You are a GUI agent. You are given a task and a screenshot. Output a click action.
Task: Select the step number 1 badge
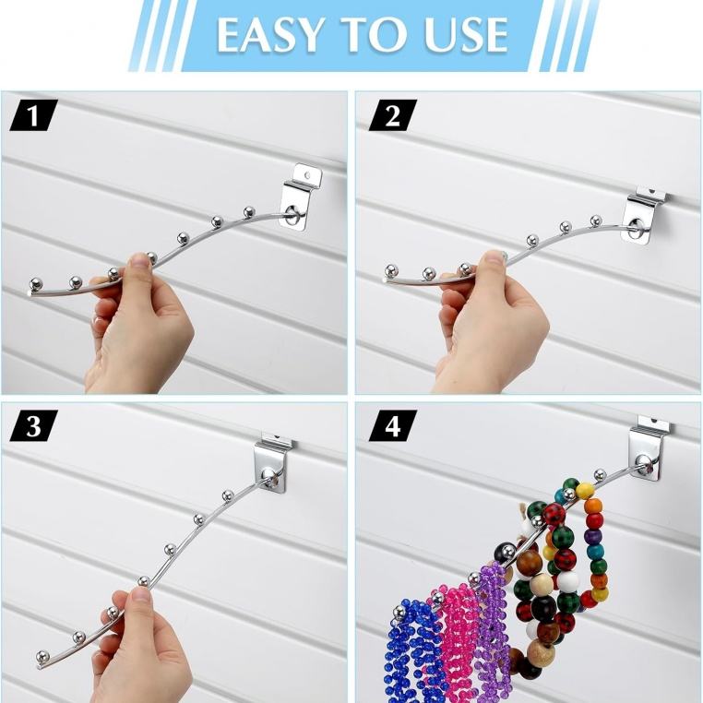pyautogui.click(x=33, y=115)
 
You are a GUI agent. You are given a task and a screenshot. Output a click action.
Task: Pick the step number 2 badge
pyautogui.click(x=393, y=115)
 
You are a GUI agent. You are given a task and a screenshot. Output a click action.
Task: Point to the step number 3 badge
pyautogui.click(x=33, y=426)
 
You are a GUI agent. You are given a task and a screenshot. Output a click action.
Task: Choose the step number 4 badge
pyautogui.click(x=393, y=426)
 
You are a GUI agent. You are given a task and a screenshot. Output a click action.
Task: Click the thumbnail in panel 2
pyautogui.click(x=494, y=256)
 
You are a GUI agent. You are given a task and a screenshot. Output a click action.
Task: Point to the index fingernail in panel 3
pyautogui.click(x=142, y=594)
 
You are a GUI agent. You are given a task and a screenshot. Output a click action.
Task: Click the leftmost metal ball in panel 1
pyautogui.click(x=36, y=284)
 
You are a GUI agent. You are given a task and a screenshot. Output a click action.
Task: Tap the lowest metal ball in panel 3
pyautogui.click(x=42, y=657)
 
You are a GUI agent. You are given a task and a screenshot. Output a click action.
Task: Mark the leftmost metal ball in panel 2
pyautogui.click(x=392, y=271)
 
